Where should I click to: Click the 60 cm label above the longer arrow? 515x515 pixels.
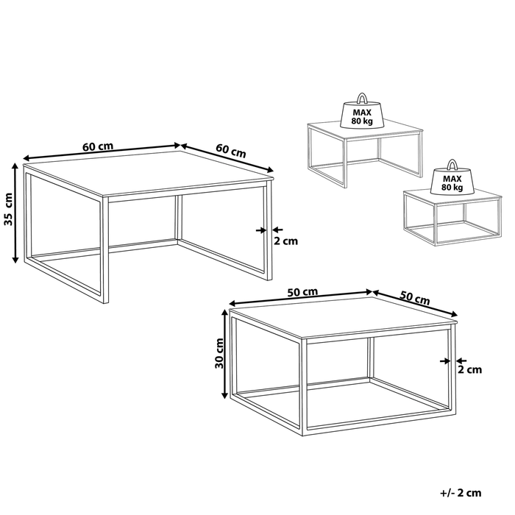[97, 146]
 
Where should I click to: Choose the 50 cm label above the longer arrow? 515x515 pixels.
[302, 292]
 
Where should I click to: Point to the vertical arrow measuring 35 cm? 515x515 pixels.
[15, 213]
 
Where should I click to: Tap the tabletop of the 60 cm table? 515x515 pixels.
[147, 173]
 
